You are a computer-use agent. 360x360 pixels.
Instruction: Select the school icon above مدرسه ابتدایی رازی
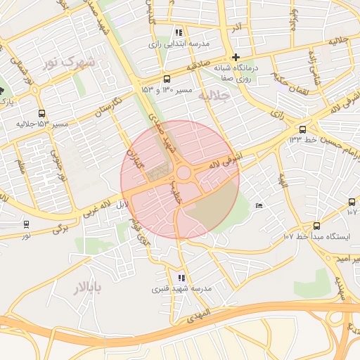click(x=179, y=32)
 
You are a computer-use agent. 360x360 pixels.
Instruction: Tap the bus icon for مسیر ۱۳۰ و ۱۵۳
click(x=167, y=79)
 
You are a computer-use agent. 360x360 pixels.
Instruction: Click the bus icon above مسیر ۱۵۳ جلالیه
click(x=42, y=113)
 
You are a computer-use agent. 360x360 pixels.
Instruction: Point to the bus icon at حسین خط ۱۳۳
click(x=303, y=129)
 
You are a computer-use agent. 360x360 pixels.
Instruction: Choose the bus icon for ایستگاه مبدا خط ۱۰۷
click(x=316, y=226)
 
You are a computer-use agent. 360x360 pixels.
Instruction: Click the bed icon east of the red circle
click(x=259, y=205)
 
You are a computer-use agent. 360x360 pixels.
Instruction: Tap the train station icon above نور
click(x=27, y=224)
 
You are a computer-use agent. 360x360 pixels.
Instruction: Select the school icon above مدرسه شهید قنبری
click(x=182, y=278)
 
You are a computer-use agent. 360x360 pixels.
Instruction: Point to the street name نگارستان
click(x=110, y=110)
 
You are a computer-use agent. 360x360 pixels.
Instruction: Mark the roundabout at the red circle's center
click(x=184, y=173)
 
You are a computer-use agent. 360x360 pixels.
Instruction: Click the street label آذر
click(x=236, y=27)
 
